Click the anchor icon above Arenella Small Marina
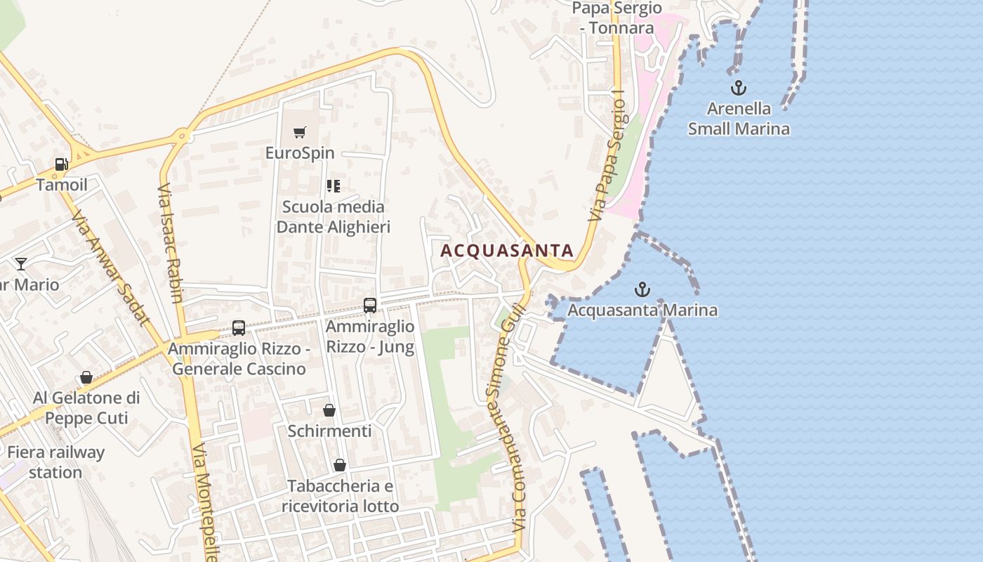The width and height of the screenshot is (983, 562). [738, 88]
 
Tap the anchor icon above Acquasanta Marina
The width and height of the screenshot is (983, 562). [642, 289]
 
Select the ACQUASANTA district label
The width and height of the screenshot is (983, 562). [507, 251]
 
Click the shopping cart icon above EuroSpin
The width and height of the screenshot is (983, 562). [300, 132]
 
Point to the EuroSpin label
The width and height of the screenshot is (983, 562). [300, 152]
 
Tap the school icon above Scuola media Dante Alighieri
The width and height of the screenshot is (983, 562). [334, 186]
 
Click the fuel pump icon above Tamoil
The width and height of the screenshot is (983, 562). [62, 164]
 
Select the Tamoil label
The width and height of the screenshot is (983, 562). [62, 185]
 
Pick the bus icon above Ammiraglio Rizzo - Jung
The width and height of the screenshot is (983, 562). [370, 306]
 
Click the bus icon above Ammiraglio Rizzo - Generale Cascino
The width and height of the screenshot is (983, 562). [239, 328]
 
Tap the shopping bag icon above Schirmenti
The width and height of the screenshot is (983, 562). [329, 410]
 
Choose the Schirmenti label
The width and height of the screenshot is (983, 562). [329, 431]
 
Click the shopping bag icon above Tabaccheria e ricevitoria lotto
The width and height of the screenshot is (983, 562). [340, 465]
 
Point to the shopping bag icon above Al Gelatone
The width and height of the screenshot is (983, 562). [86, 378]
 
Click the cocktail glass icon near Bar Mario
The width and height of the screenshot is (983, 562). [21, 264]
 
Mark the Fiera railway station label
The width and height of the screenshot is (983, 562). [55, 462]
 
